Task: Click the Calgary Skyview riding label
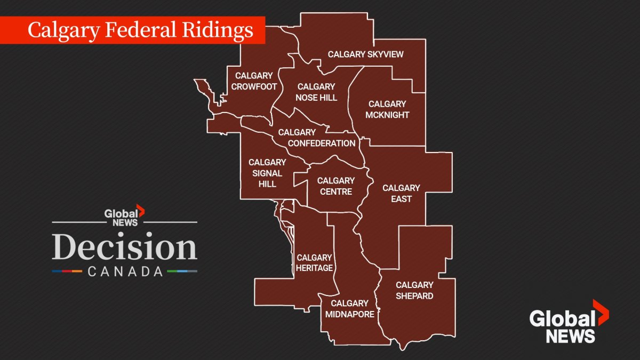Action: click(x=365, y=54)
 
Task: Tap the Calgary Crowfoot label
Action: click(x=254, y=81)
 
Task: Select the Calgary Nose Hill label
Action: click(x=316, y=92)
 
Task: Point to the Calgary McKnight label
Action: click(x=387, y=109)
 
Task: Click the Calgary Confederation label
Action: click(x=321, y=138)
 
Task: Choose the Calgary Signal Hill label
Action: click(x=267, y=173)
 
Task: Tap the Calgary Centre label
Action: click(x=335, y=186)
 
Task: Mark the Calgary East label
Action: click(x=401, y=193)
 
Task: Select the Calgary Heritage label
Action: click(x=315, y=263)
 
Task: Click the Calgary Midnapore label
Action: click(x=350, y=309)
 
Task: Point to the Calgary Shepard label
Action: click(x=414, y=290)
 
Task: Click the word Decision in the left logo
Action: click(x=124, y=247)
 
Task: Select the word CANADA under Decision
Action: click(x=125, y=271)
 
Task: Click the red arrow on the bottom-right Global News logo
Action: click(x=602, y=313)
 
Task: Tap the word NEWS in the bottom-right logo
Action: click(x=570, y=336)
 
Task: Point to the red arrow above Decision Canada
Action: click(x=140, y=210)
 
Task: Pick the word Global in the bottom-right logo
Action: click(x=562, y=319)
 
